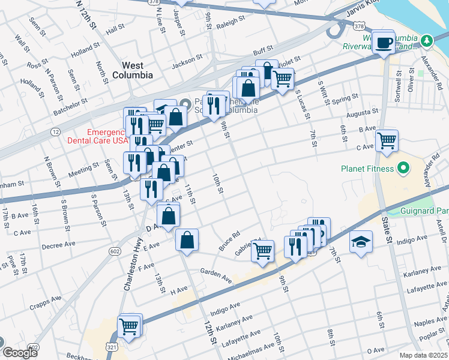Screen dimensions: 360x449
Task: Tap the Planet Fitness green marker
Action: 402,169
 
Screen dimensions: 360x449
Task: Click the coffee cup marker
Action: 383,42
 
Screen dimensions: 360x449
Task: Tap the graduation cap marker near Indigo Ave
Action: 360,242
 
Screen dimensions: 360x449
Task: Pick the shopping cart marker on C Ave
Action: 387,141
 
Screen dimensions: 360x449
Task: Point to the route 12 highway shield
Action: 55,131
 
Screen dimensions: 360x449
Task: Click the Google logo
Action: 20,353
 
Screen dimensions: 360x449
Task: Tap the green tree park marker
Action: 427,40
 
